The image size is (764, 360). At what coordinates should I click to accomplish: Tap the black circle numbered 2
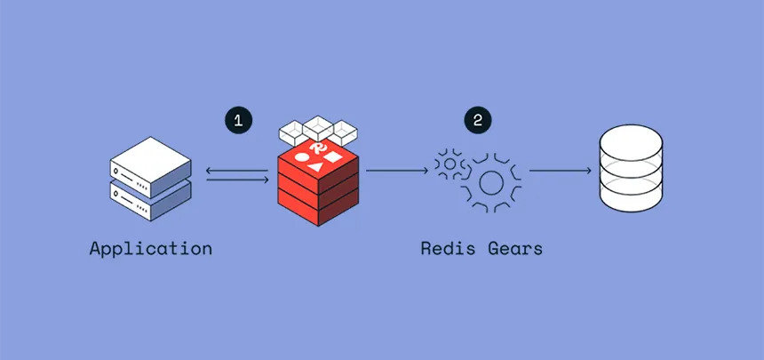477,121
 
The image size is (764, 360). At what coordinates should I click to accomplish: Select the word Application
150,248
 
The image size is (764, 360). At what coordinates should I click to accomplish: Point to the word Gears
514,248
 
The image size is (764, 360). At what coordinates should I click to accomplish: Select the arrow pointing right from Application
237,180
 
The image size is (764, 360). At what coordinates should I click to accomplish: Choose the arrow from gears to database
560,169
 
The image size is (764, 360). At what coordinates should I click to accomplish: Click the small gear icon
449,164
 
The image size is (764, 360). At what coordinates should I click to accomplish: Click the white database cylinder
630,169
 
